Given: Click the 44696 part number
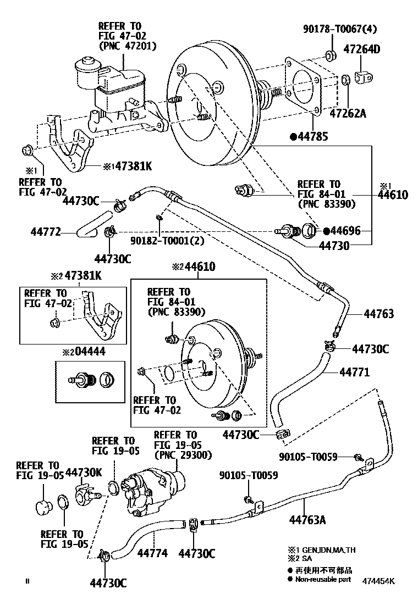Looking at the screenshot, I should (345, 231).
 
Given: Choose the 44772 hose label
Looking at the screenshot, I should (46, 232).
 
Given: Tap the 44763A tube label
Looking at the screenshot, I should (308, 519).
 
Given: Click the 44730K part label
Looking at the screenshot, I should (84, 471).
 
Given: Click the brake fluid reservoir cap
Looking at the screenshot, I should (87, 64).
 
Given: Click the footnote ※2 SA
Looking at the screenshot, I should (302, 559).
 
